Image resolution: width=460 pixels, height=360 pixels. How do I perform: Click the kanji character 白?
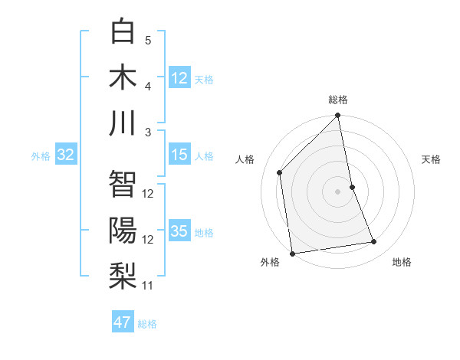[123, 31]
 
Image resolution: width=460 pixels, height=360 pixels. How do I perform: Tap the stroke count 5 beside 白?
[148, 40]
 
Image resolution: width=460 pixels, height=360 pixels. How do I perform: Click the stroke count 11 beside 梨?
[148, 286]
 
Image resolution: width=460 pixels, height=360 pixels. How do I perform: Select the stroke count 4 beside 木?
[148, 86]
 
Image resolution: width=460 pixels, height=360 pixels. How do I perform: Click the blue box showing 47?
[123, 322]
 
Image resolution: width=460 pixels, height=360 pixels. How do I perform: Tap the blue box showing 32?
[66, 155]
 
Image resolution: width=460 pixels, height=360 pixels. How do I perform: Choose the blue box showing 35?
[179, 231]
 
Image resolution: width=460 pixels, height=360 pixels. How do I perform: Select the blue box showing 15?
[179, 155]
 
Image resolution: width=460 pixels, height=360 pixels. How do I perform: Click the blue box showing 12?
[179, 78]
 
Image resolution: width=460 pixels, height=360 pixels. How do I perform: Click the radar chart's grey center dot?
[337, 191]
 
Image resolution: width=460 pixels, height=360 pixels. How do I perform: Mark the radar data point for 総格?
[337, 116]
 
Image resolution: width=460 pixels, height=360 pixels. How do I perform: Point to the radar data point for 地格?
[374, 242]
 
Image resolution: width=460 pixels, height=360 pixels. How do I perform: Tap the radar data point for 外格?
[292, 253]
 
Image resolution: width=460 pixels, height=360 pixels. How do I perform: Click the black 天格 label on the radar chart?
[432, 159]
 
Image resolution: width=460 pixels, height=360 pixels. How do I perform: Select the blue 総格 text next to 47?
[147, 324]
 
